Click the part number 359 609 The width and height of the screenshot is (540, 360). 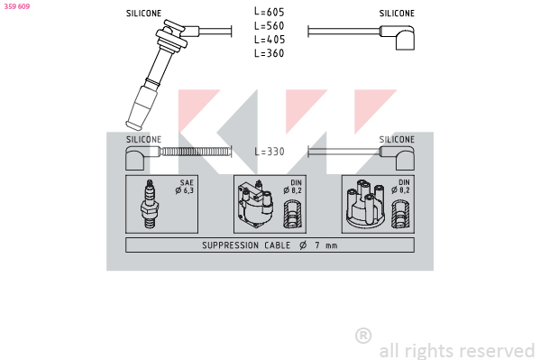pos(17,6)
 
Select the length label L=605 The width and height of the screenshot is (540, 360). pos(270,12)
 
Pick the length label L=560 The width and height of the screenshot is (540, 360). pos(270,25)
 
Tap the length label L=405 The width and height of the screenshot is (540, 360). pos(270,40)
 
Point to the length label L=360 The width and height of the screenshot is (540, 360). pos(270,53)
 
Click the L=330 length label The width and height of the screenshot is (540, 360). pos(270,152)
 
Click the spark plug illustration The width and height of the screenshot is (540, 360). pos(150,204)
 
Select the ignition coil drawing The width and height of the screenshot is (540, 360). pos(255,204)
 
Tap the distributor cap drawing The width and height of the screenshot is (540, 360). pos(365,204)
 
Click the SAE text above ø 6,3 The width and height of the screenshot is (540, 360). pos(187,183)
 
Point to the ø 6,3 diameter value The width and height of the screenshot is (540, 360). pos(185,190)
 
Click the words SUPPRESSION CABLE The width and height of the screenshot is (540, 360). pos(246,245)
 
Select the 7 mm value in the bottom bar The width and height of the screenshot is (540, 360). pos(325,245)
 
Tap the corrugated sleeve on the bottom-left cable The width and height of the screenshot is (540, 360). pos(196,152)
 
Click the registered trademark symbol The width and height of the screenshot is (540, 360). pos(363,336)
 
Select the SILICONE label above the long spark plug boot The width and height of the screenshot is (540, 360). pos(143,14)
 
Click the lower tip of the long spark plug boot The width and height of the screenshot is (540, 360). pos(133,126)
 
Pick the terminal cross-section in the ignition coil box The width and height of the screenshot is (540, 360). pos(292,215)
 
